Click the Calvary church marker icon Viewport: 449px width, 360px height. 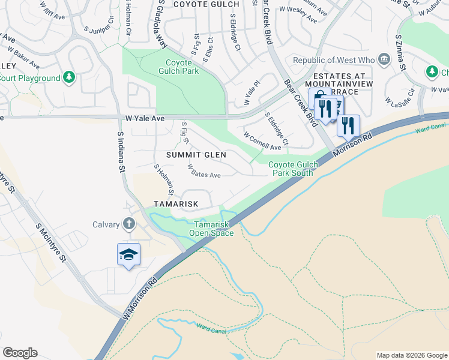point(128,224)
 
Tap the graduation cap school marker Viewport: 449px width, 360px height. point(128,255)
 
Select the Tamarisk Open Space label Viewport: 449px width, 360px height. point(211,229)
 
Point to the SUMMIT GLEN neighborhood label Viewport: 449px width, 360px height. point(196,155)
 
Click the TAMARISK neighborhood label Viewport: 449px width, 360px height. point(175,204)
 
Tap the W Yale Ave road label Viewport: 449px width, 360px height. point(145,119)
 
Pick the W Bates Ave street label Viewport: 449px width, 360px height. point(204,171)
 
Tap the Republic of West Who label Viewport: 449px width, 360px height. point(333,60)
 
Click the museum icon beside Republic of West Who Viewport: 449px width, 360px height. point(384,59)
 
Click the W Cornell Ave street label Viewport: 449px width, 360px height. point(262,142)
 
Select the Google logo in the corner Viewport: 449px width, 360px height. point(20,353)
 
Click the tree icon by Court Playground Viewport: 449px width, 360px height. point(69,77)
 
